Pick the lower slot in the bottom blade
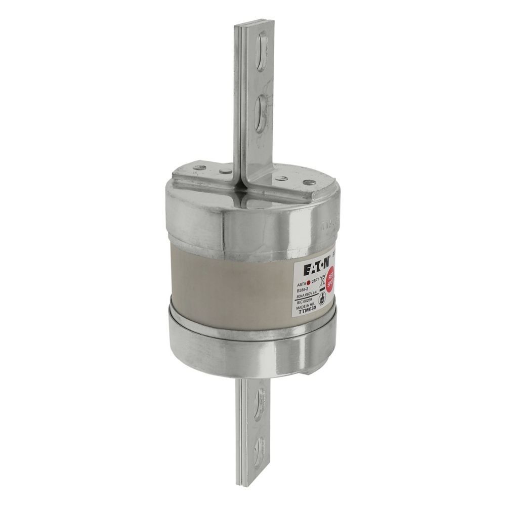[262, 445]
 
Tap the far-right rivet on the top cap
[306, 184]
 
